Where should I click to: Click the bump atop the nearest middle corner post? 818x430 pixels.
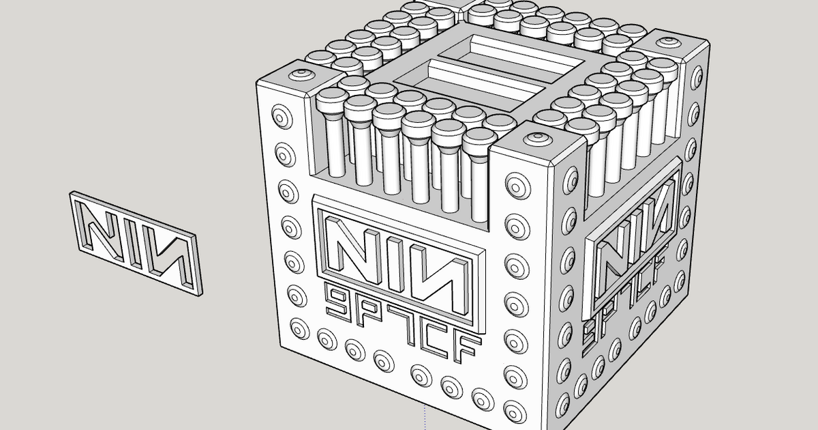(x=536, y=137)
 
